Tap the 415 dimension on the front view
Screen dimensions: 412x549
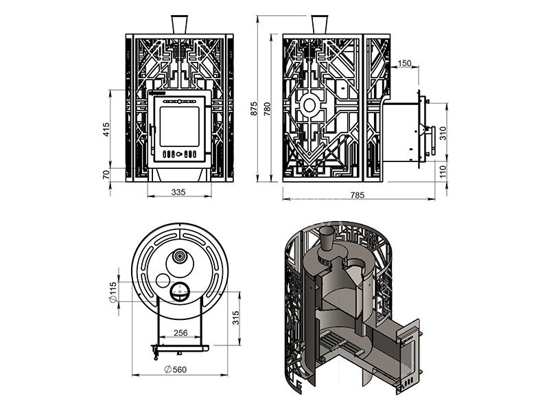pyautogui.click(x=106, y=130)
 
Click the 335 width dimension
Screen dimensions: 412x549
pyautogui.click(x=179, y=193)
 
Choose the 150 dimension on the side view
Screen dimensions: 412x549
pyautogui.click(x=404, y=63)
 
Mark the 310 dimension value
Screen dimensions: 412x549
pyautogui.click(x=443, y=133)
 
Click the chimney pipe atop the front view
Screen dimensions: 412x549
pyautogui.click(x=180, y=23)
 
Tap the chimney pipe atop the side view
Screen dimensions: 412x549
pyautogui.click(x=320, y=23)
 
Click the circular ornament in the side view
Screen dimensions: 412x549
pyautogui.click(x=309, y=106)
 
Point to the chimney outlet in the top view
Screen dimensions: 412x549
pyautogui.click(x=179, y=257)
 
